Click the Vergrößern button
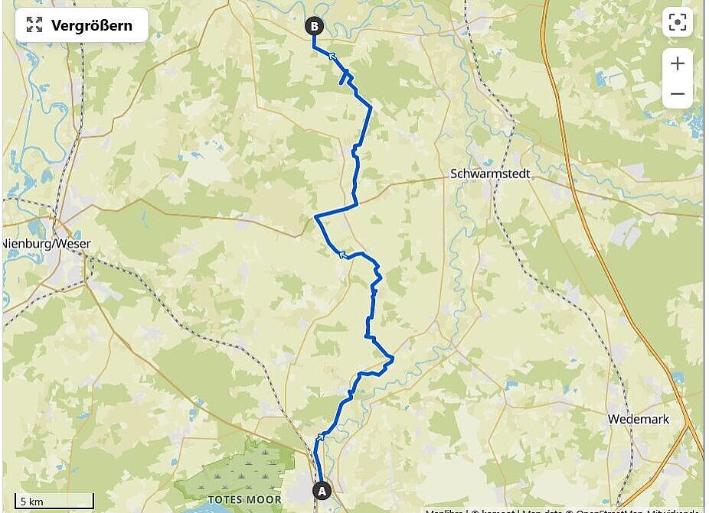[81, 25]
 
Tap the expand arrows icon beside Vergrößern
[34, 25]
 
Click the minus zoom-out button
[677, 94]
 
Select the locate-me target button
[677, 23]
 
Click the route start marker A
[322, 490]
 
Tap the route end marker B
[314, 27]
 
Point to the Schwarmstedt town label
[490, 174]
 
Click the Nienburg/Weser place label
[47, 244]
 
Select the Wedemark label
[638, 419]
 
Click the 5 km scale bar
[54, 502]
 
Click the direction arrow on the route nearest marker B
[332, 55]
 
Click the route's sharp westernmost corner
[315, 217]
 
